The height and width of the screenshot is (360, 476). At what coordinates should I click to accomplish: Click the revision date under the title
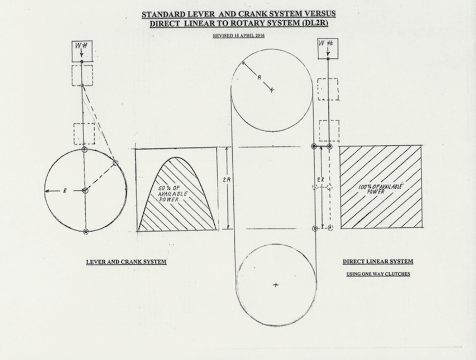click(x=238, y=36)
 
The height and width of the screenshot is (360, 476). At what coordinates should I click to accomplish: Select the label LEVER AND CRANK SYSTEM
click(x=126, y=262)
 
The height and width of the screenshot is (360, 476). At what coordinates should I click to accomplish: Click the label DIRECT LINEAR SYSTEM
click(x=378, y=261)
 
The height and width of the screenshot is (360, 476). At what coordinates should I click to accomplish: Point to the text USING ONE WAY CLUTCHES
click(x=378, y=274)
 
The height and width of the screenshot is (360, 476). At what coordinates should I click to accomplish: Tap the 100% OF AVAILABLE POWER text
click(x=377, y=189)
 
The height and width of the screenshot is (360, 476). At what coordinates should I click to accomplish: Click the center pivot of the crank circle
click(x=85, y=190)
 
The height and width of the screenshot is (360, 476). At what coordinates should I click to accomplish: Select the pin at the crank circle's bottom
click(x=86, y=231)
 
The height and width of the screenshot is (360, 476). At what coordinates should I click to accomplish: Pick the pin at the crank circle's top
click(x=85, y=150)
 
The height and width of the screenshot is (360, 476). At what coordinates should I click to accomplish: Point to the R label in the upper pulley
click(x=259, y=78)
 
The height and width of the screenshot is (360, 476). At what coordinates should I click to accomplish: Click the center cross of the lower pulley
click(x=276, y=285)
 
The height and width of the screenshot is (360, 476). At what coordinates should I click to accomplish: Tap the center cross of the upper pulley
click(x=272, y=90)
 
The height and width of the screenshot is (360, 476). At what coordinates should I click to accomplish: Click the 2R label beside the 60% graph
click(x=226, y=180)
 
